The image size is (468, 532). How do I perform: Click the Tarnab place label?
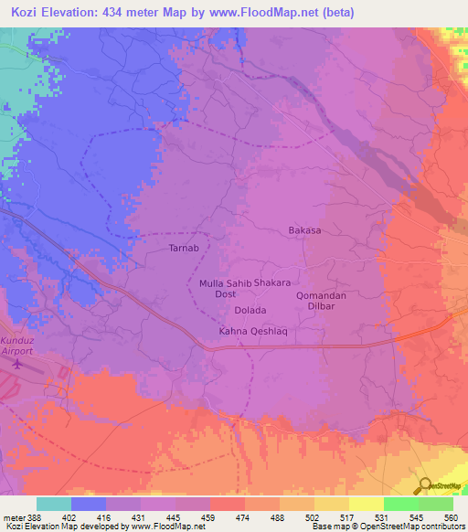click(184, 248)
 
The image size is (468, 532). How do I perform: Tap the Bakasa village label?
click(304, 230)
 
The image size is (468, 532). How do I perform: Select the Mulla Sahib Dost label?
click(225, 290)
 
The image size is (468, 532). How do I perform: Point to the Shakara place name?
click(272, 283)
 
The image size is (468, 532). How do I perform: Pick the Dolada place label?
click(236, 311)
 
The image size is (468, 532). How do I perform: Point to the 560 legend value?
click(448, 516)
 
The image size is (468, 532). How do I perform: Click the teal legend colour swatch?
click(53, 504)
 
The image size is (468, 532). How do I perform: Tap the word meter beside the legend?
click(12, 516)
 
